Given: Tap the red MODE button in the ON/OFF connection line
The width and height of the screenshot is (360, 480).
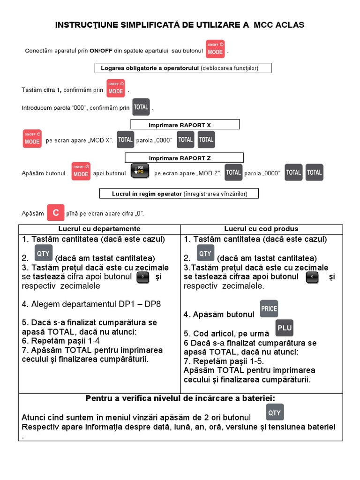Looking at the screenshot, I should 215,49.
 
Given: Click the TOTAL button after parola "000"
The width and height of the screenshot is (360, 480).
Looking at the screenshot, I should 141,107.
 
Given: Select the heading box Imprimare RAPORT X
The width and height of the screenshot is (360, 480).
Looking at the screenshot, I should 185,125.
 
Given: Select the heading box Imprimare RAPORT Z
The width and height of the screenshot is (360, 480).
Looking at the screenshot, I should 183,158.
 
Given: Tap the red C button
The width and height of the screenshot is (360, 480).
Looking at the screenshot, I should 56,212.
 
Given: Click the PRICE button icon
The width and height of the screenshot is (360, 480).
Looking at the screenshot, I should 269,309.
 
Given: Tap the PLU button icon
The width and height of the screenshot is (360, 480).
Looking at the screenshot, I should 284,328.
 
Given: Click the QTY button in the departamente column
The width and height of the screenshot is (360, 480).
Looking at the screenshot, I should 43,253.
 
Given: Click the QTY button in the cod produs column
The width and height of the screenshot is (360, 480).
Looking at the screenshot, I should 205,253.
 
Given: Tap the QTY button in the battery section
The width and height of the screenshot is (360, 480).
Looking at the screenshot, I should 274,412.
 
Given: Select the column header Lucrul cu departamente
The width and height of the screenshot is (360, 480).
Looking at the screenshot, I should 99,229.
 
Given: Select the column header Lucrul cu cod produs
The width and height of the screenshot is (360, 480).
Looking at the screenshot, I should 261,229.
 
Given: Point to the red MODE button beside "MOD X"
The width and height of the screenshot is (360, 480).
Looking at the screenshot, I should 32,139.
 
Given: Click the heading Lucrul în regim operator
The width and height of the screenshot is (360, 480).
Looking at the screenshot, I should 179,194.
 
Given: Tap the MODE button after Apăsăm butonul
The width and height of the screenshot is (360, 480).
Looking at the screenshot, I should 81,172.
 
